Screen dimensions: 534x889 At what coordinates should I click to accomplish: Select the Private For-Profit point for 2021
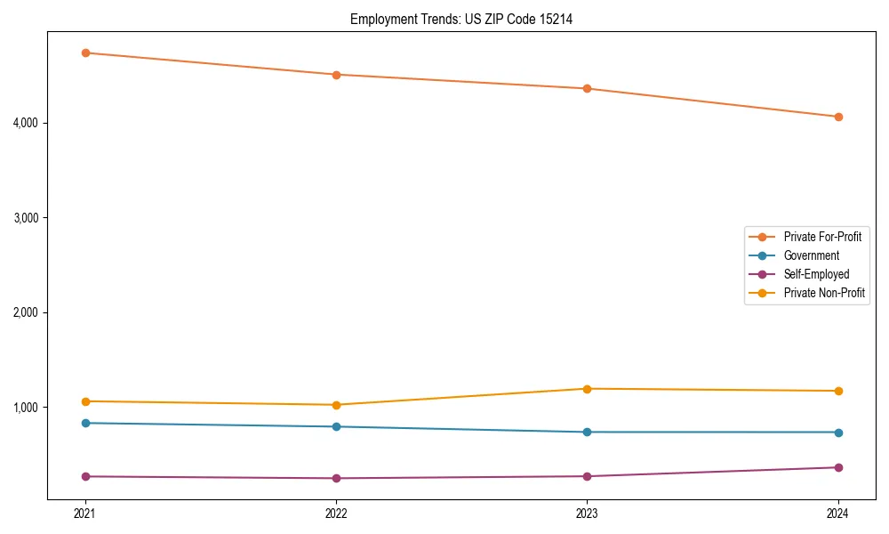pos(85,53)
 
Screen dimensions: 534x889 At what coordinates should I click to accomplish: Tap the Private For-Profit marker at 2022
pos(336,75)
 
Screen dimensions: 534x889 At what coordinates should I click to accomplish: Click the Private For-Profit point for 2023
pos(587,89)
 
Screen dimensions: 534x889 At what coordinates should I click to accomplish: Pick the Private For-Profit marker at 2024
pos(838,117)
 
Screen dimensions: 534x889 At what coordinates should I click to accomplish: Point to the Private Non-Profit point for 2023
pos(587,389)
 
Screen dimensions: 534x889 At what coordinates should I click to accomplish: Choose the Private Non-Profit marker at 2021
pos(85,401)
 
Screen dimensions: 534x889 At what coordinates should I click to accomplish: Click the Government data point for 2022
pos(336,427)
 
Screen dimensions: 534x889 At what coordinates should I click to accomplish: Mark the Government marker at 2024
pos(838,433)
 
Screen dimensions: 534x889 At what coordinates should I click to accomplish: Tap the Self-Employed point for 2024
pos(838,467)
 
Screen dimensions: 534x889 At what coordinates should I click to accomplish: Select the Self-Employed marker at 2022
pos(336,478)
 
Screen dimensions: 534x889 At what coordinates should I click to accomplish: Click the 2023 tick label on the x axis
pos(587,514)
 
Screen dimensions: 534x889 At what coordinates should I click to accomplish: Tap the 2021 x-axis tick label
pos(85,514)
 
